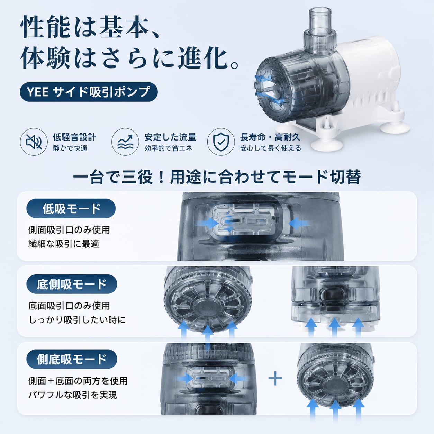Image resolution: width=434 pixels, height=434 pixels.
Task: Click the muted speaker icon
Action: click(x=34, y=142)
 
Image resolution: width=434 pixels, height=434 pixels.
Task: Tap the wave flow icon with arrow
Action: click(x=125, y=142)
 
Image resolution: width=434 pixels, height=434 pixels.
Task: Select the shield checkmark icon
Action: click(x=221, y=142)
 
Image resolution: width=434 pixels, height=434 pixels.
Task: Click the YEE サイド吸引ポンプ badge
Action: click(x=89, y=92)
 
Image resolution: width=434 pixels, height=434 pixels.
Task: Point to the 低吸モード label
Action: click(x=71, y=208)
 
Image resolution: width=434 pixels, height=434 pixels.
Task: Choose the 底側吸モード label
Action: click(x=72, y=284)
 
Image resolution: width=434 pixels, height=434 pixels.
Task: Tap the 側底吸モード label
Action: click(x=72, y=359)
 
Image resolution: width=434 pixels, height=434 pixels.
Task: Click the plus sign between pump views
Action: click(x=275, y=378)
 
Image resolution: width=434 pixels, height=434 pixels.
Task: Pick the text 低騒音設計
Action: click(x=74, y=137)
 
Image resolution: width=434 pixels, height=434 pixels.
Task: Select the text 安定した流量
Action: click(x=170, y=137)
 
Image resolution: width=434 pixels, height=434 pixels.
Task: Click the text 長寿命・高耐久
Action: click(x=270, y=137)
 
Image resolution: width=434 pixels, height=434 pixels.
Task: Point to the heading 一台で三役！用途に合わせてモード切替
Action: click(x=217, y=177)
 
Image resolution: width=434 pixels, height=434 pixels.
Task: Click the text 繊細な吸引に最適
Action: click(x=64, y=244)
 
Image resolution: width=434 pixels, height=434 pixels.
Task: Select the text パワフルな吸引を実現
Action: click(x=73, y=395)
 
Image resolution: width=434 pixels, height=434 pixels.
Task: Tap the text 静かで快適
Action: click(x=70, y=148)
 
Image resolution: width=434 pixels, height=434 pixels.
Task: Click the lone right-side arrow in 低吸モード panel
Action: click(x=299, y=224)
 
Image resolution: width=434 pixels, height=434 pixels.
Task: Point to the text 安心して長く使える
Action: click(x=271, y=148)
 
